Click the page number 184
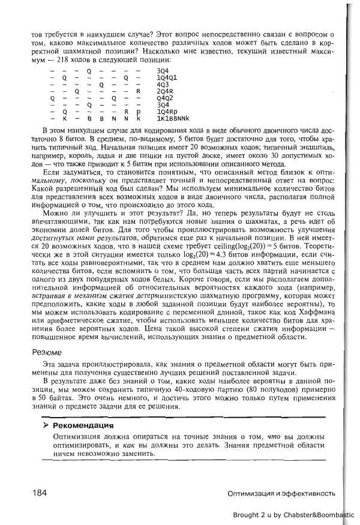point(40,493)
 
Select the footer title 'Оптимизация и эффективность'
point(281,493)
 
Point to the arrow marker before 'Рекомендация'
point(46,425)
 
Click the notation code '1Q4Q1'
point(167,77)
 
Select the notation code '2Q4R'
point(165,91)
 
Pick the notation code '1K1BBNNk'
point(169,118)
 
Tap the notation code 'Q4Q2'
point(165,98)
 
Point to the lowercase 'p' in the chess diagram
point(138,112)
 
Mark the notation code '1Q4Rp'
point(166,112)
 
